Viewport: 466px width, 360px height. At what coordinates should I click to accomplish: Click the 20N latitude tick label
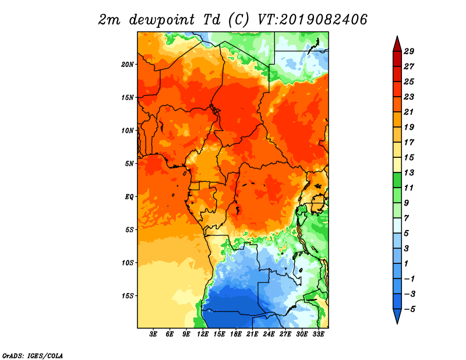click(127, 64)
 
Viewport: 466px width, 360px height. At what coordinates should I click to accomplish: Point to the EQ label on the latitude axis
click(129, 196)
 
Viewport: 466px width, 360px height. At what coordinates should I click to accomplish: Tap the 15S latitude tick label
click(128, 296)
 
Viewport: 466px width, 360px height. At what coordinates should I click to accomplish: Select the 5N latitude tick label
click(129, 164)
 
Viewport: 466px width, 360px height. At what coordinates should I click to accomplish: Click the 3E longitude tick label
click(153, 334)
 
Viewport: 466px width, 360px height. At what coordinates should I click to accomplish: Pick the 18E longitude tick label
click(236, 334)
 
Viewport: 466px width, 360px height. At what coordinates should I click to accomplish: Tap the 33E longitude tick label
click(318, 334)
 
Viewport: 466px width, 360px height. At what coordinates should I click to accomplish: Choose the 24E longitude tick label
click(269, 334)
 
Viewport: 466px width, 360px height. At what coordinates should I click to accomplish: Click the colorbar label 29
click(409, 51)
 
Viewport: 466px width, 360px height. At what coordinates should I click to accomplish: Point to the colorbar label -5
click(409, 309)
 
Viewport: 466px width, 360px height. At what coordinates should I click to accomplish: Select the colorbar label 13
click(409, 172)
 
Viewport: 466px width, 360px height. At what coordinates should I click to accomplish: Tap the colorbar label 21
click(409, 112)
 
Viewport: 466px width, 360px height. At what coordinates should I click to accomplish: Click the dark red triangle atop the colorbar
click(397, 45)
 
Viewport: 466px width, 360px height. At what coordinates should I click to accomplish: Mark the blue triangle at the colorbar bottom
click(397, 315)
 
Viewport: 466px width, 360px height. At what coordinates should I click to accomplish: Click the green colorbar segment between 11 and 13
click(397, 180)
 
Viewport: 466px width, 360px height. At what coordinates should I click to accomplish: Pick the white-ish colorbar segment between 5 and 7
click(397, 225)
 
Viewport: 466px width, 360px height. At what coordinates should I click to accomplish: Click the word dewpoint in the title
click(161, 20)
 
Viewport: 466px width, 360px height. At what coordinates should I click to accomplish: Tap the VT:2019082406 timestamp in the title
click(312, 20)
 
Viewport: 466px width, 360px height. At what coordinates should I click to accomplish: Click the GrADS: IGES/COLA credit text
click(33, 356)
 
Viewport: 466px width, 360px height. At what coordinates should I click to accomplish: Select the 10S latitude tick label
click(128, 263)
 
